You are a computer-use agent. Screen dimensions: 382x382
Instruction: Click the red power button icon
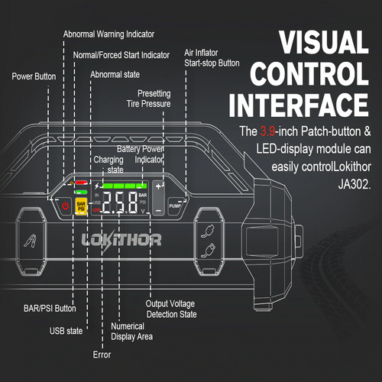[66, 206]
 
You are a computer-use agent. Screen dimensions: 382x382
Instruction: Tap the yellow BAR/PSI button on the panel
[81, 206]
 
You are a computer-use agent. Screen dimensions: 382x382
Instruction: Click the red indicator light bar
[81, 183]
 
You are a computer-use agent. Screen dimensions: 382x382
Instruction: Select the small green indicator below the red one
[81, 192]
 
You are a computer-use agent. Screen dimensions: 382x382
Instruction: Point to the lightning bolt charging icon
[97, 186]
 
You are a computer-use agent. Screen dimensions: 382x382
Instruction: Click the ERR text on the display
[96, 210]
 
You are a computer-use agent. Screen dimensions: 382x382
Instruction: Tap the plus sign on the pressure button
[158, 186]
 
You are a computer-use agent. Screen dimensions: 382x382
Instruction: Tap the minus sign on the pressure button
[158, 211]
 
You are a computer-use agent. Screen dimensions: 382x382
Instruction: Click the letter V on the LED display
[143, 211]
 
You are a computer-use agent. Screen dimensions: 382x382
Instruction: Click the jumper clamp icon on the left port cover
[31, 241]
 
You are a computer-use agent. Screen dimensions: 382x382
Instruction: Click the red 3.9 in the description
[267, 131]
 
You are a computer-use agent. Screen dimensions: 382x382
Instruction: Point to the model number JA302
[354, 184]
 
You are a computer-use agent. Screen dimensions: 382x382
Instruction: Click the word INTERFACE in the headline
[299, 105]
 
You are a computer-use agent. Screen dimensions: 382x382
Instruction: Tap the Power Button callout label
[34, 76]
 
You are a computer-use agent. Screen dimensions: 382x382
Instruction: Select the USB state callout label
[66, 331]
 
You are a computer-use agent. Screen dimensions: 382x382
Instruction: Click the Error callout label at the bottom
[102, 354]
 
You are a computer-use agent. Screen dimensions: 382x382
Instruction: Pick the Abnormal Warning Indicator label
[108, 34]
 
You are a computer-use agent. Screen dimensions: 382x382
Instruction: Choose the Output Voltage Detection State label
[171, 309]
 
